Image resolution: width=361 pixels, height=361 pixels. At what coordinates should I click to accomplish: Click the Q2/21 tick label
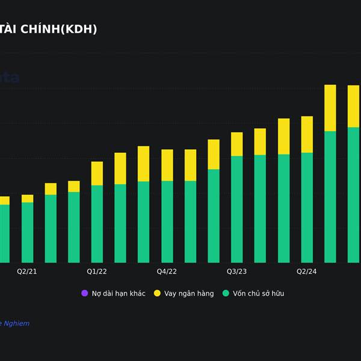27,271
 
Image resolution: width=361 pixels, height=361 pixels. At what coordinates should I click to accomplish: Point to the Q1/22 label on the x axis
97,271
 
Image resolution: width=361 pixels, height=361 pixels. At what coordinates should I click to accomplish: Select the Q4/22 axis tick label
167,271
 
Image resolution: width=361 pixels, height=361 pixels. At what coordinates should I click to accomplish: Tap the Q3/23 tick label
236,271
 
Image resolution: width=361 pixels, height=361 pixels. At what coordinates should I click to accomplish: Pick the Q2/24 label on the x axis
307,271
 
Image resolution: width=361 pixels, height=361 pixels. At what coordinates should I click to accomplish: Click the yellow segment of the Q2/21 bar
28,199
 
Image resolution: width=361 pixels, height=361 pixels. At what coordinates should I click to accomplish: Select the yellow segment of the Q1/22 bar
97,173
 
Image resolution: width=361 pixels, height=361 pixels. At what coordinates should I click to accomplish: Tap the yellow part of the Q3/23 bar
237,144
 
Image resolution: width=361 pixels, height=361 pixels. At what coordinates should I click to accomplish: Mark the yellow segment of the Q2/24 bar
307,134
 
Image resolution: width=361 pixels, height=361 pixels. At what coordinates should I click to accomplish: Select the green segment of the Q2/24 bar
307,208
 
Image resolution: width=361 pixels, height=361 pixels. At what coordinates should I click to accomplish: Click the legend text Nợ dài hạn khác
118,294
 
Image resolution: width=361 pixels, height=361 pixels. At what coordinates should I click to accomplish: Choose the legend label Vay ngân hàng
189,294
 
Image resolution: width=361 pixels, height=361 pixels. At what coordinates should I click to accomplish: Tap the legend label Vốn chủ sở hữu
258,294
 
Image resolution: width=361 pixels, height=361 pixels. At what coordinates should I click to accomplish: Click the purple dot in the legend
84,293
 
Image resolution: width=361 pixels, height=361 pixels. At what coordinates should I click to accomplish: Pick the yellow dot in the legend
158,293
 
